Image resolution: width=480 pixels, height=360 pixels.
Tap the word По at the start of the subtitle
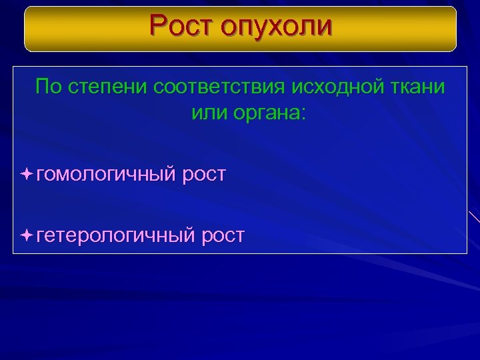click(48, 87)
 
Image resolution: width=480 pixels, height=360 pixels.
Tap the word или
click(208, 111)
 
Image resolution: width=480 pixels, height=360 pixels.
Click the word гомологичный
click(107, 175)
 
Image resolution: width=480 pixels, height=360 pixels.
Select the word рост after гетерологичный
click(223, 235)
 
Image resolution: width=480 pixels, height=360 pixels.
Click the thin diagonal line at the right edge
click(474, 216)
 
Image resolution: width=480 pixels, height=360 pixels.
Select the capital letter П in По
click(42, 87)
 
